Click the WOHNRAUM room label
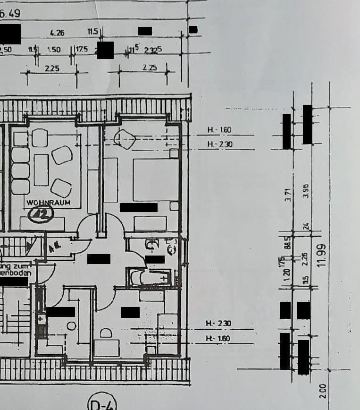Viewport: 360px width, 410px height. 48,202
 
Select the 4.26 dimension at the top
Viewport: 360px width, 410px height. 57,33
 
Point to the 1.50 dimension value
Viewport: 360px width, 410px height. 54,49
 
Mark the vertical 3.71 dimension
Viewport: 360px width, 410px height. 287,194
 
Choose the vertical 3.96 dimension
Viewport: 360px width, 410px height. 306,194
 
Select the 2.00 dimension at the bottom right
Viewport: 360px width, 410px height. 322,390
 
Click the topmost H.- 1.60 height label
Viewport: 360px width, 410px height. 219,129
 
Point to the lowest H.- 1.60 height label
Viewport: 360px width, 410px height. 218,338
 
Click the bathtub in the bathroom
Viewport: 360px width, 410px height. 150,278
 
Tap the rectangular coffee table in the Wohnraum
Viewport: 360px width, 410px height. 42,169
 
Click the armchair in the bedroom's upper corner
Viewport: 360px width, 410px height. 125,138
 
